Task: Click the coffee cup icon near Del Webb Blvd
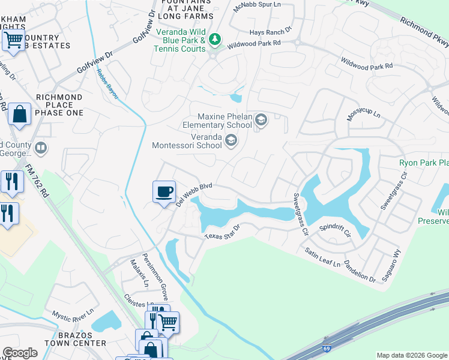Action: tap(164, 192)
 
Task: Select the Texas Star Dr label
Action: tap(222, 232)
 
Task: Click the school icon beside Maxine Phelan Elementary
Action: tap(261, 121)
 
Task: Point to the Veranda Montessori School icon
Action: tap(231, 140)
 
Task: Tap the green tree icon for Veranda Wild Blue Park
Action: tap(215, 40)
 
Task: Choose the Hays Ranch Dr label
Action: tap(271, 29)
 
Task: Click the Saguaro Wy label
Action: tap(388, 262)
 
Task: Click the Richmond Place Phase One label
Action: tap(59, 104)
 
